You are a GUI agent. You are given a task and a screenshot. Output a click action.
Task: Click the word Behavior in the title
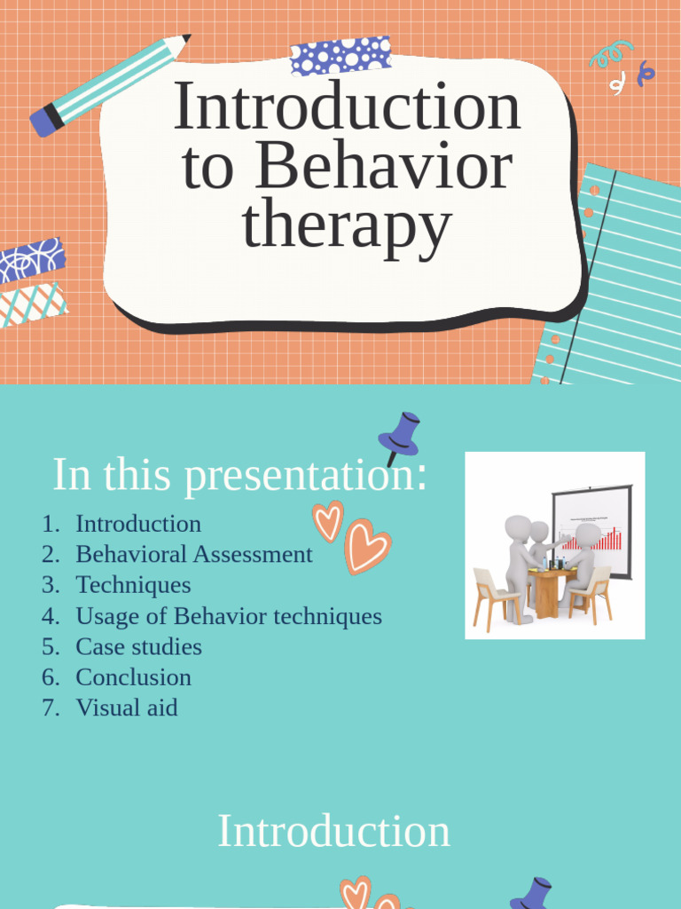point(384,167)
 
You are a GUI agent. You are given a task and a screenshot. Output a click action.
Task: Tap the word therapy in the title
point(346,226)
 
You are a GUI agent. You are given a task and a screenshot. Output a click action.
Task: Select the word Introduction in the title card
point(346,107)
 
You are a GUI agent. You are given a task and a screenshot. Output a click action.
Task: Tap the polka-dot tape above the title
point(340,55)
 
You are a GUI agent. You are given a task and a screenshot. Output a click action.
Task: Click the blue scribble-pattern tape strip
point(32,260)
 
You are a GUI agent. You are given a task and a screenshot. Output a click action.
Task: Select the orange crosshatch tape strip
point(33,304)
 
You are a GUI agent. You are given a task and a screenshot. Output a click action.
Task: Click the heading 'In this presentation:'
point(239,474)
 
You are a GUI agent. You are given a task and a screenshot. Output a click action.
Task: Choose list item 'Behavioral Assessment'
point(194,555)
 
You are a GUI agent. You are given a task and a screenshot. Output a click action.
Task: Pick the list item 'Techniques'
point(133,585)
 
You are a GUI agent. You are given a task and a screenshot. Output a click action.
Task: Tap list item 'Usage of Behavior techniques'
point(229,616)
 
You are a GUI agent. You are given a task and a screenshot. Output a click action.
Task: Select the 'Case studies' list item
point(138,647)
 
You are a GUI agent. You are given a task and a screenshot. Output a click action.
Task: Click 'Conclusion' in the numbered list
point(133,677)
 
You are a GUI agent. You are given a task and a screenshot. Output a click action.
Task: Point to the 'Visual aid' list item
point(126,708)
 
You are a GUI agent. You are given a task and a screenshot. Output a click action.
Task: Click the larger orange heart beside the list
point(366,545)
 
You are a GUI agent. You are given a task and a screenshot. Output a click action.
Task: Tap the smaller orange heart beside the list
point(327,520)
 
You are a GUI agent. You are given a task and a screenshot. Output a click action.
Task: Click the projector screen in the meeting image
point(592,527)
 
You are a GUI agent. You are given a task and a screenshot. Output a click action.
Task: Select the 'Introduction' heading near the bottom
point(333,832)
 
